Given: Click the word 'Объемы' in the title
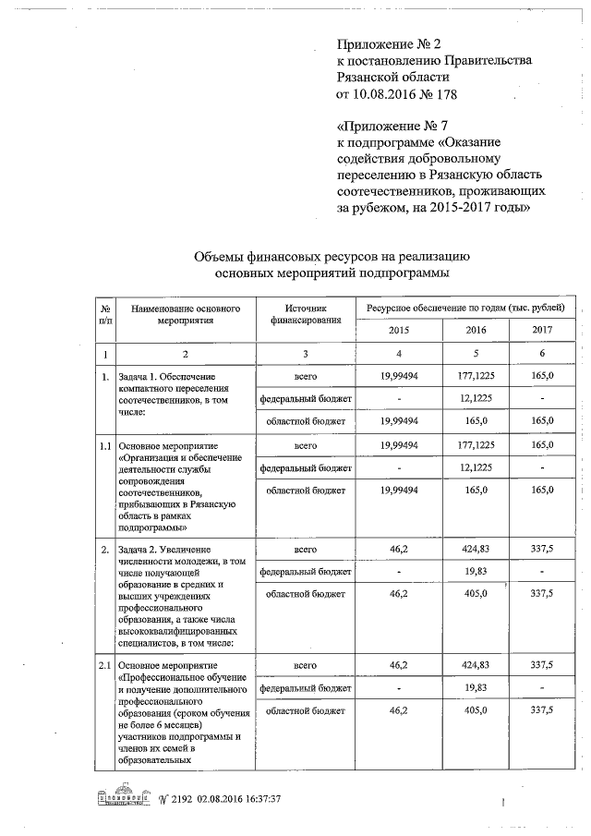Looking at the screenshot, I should (x=222, y=257).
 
